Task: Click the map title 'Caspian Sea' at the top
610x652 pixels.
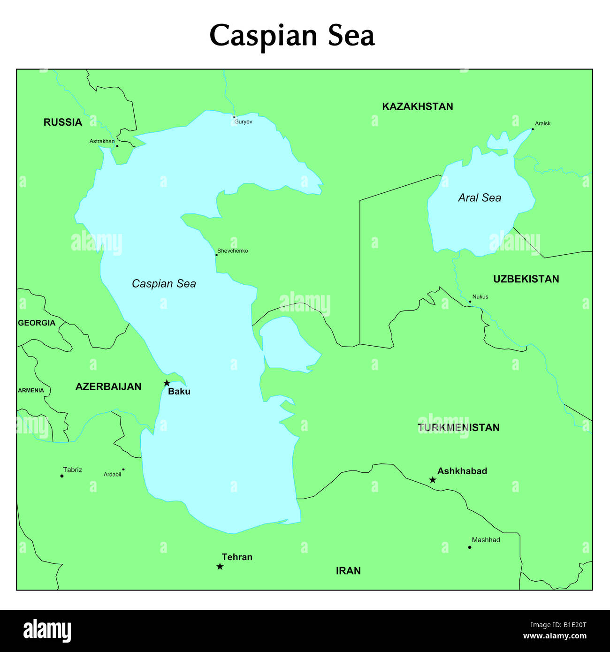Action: coord(292,36)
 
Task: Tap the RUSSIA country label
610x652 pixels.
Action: coord(63,122)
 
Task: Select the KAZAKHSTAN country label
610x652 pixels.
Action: coord(417,106)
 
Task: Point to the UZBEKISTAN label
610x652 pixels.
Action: coord(526,279)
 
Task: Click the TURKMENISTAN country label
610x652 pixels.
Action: coord(458,427)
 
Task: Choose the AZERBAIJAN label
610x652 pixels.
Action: coord(108,387)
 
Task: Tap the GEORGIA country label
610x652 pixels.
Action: coord(37,323)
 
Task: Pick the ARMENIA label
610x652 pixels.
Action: coord(31,390)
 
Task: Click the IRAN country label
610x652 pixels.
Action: coord(348,571)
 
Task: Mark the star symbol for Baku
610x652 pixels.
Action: coord(167,383)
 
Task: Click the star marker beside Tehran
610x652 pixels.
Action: coord(220,567)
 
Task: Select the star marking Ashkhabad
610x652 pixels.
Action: coord(433,480)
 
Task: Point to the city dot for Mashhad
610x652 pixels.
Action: coord(469,547)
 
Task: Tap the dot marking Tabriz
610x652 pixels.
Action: coord(62,476)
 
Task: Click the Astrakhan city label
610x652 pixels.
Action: coord(102,141)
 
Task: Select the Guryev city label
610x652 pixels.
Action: coord(243,122)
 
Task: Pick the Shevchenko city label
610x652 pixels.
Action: coord(233,251)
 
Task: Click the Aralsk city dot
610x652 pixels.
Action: coord(533,129)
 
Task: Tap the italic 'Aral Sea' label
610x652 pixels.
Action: coord(480,198)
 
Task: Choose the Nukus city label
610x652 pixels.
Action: coord(480,296)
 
